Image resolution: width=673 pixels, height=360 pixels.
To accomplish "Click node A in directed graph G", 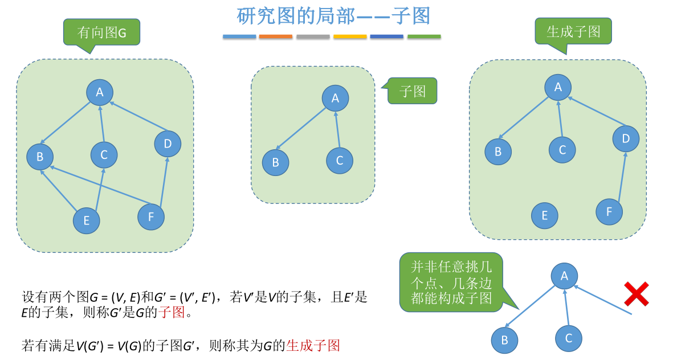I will (100, 92).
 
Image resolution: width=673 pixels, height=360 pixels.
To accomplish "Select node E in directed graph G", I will (87, 221).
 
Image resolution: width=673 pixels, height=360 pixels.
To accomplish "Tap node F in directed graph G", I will (151, 216).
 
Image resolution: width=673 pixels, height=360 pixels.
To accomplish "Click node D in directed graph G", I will (168, 144).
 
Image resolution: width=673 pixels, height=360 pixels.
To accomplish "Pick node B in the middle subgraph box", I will (276, 162).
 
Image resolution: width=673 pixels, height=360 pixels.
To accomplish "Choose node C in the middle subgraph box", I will (340, 161).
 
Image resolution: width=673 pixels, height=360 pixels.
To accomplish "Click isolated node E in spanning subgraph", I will (545, 216).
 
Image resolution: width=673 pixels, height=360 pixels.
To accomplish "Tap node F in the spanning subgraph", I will (609, 212).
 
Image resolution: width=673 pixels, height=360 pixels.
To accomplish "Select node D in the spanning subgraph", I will (626, 138).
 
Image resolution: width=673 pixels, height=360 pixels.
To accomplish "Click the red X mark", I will (637, 294).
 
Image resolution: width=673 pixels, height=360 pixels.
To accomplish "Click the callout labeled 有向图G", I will (101, 32).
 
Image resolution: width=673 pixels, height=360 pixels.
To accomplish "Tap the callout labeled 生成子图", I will (573, 31).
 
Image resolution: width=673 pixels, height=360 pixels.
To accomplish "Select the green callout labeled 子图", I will (413, 91).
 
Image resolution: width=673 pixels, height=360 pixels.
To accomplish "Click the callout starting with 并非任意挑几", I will (451, 282).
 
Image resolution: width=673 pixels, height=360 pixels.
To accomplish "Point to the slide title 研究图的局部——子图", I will (333, 15).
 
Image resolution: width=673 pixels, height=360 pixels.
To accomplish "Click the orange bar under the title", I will (276, 37).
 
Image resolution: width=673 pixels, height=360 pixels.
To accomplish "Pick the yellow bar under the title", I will (350, 37).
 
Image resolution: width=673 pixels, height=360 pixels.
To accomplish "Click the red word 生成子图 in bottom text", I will (313, 345).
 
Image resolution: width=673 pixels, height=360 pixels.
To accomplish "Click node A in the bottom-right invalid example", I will (564, 276).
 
